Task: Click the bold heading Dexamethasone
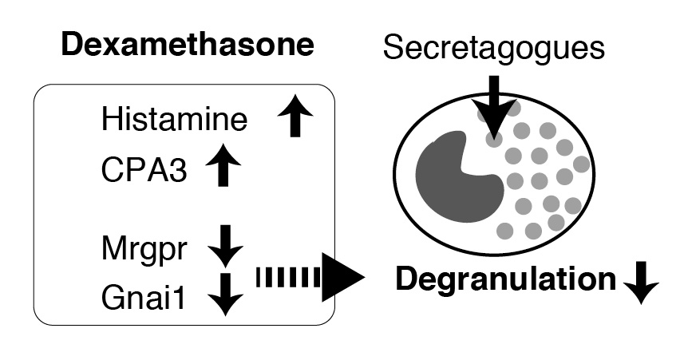187,45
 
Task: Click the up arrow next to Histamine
295,120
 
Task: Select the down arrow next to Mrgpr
225,245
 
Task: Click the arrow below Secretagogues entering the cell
494,108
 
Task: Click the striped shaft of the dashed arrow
287,278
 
